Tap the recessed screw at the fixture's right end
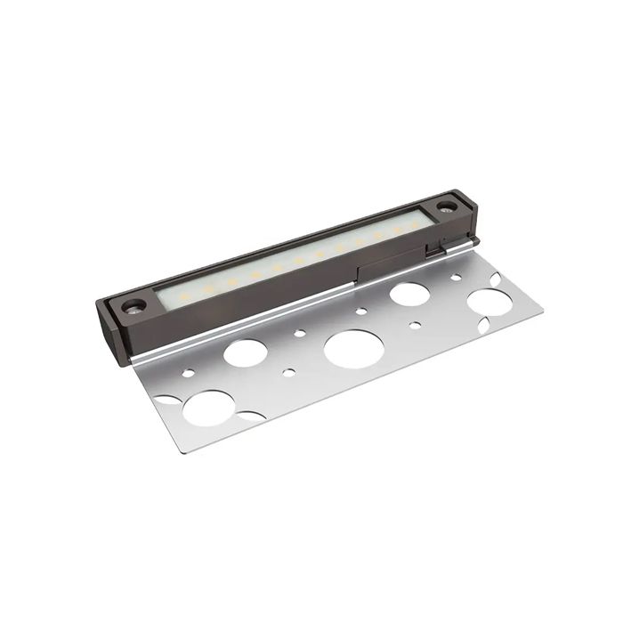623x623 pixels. [446, 207]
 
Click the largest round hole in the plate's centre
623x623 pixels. [353, 348]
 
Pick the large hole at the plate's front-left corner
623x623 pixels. [210, 408]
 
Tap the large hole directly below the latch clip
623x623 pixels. [409, 293]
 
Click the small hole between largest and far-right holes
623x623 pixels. [415, 325]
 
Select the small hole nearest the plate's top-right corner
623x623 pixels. [457, 277]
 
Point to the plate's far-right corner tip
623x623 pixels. [542, 311]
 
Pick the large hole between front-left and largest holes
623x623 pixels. [245, 352]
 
